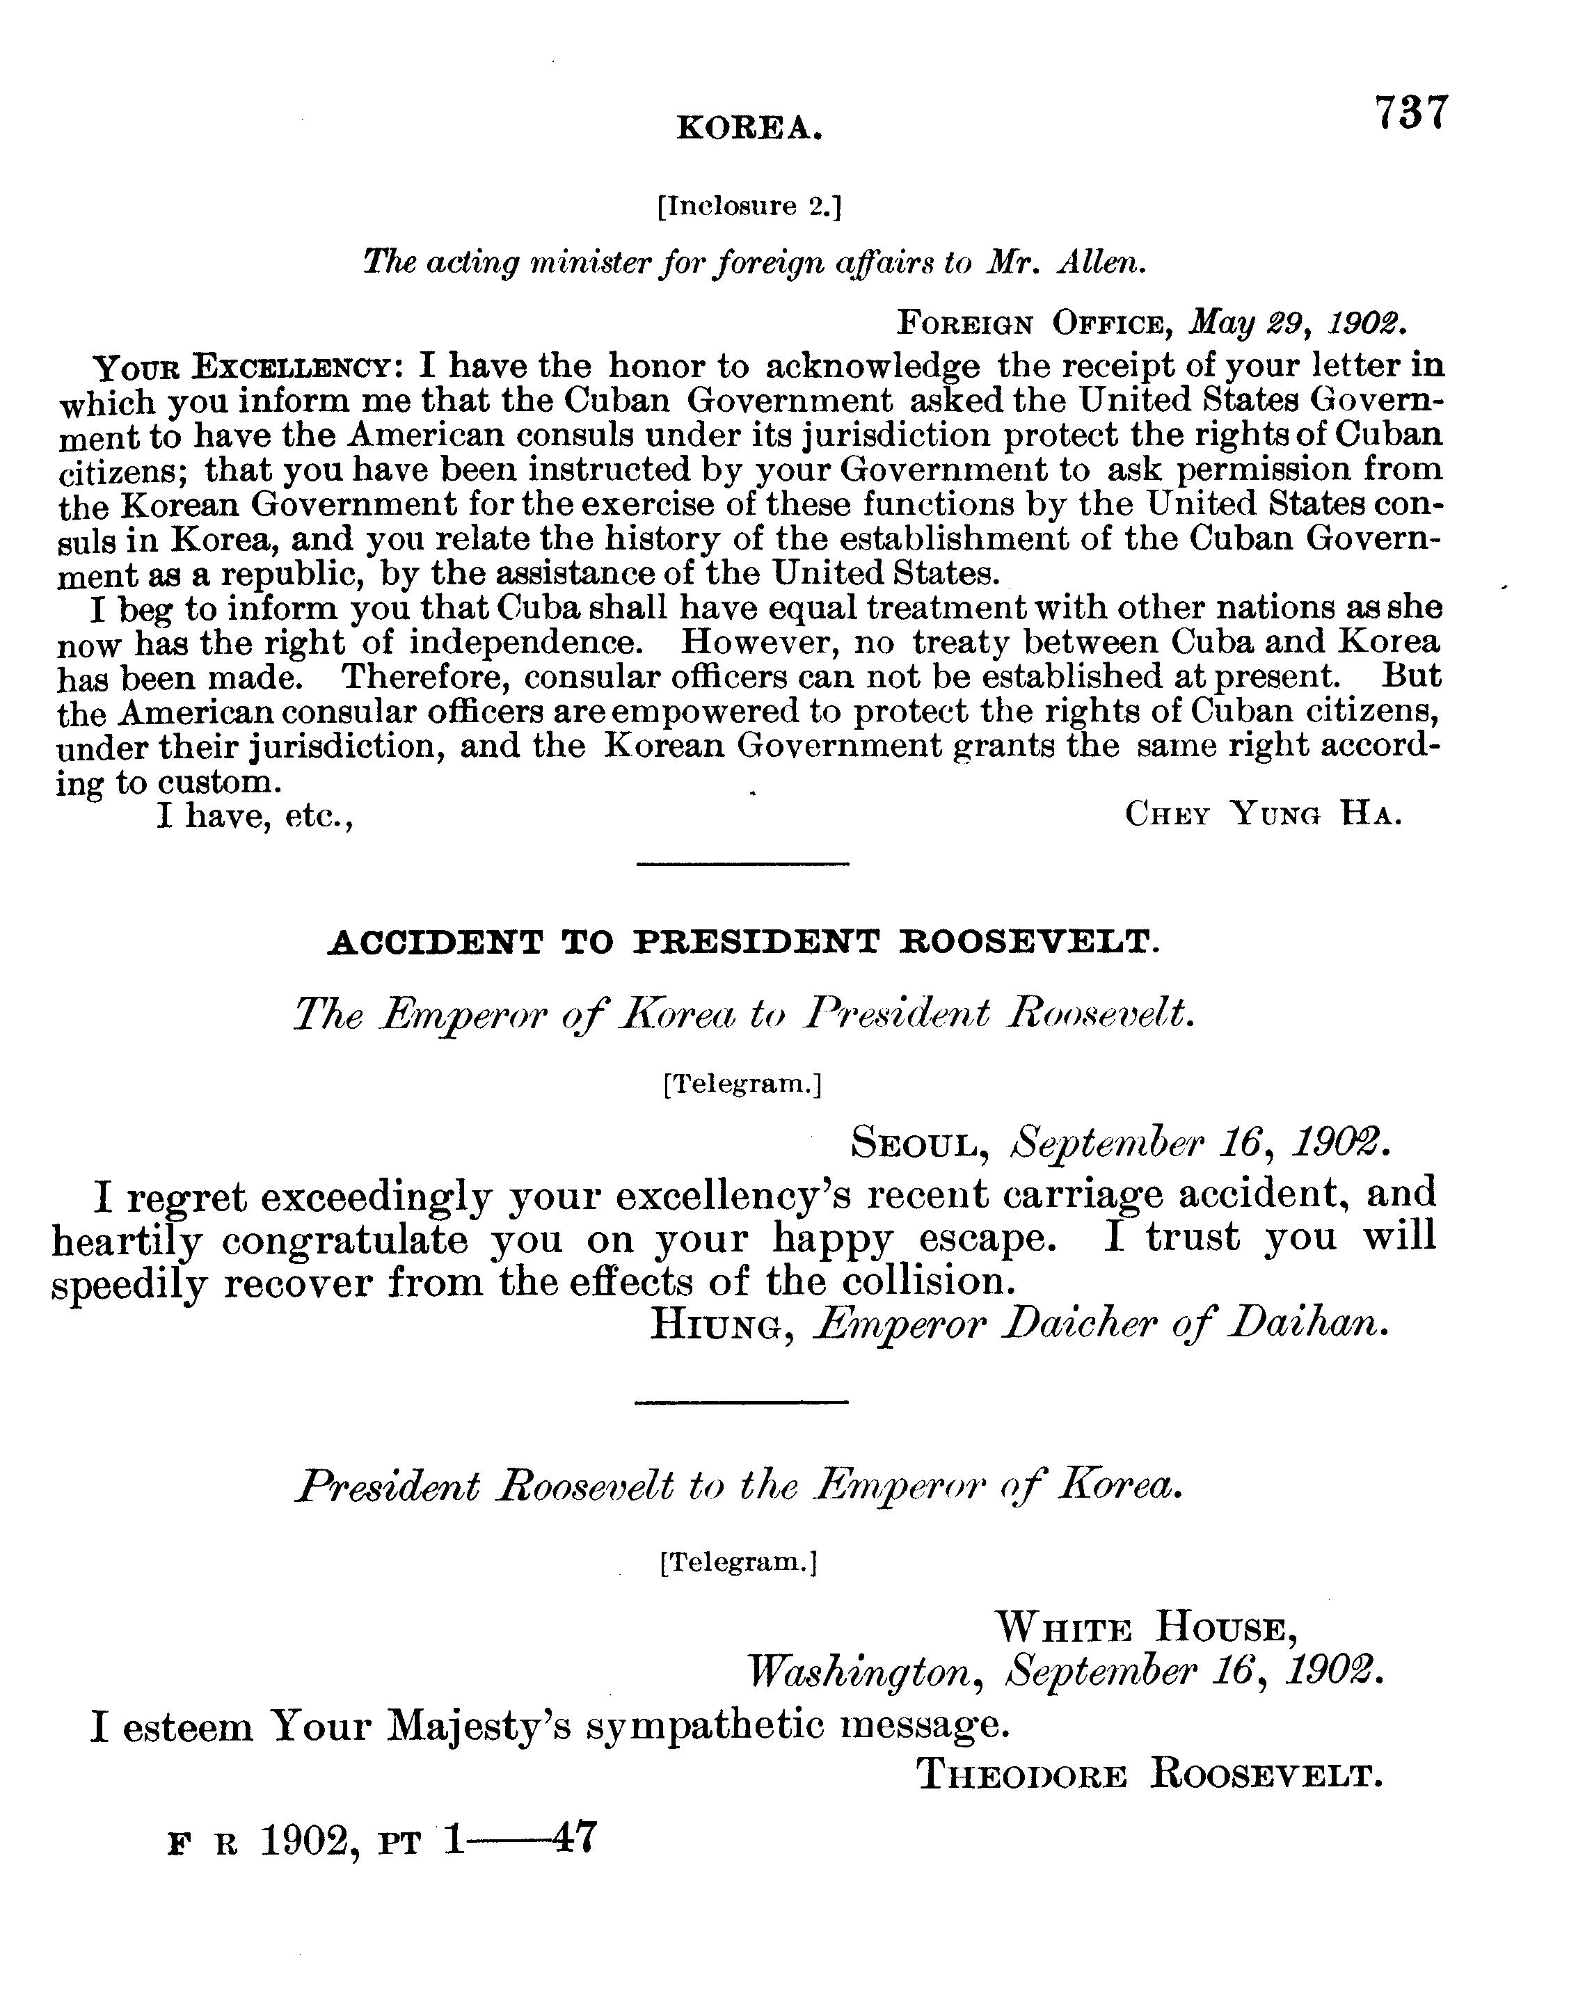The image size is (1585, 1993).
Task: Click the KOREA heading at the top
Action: click(749, 127)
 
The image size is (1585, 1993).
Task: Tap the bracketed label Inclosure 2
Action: click(749, 206)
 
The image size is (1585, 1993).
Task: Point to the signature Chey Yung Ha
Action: click(1263, 815)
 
